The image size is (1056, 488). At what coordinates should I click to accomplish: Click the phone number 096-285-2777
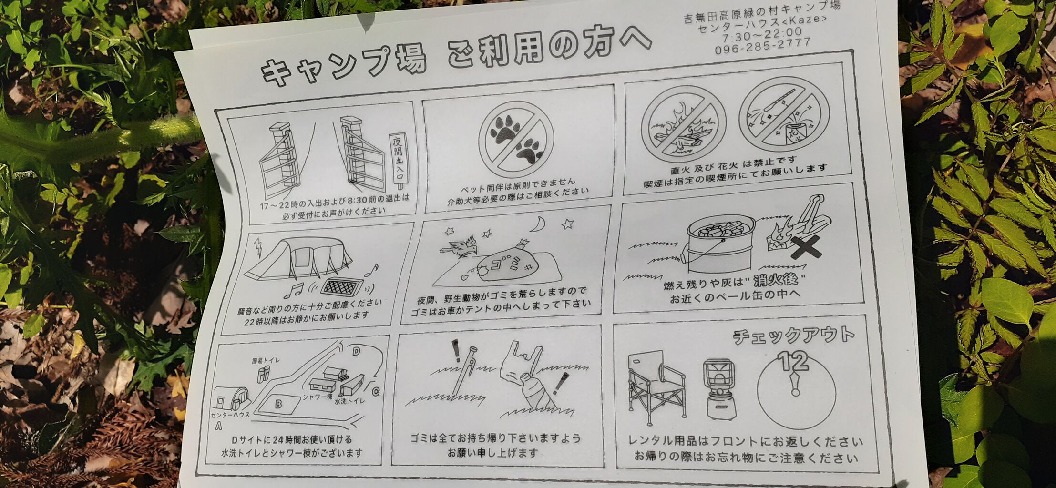tap(762, 45)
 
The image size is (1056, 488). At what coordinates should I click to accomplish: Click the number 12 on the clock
tap(792, 361)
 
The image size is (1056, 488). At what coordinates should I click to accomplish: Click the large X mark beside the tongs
tap(806, 247)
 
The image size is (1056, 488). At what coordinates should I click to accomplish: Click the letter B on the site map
tap(278, 404)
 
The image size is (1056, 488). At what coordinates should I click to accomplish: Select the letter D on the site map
tap(356, 352)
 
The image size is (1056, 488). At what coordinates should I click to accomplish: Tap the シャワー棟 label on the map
tap(318, 397)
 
